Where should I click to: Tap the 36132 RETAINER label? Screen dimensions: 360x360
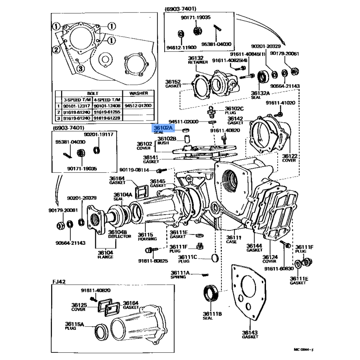coord(196,60)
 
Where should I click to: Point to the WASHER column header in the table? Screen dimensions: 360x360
coord(138,94)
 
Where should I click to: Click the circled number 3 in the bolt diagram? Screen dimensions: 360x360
coord(80,68)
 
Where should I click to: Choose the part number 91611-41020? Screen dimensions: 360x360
coord(280,103)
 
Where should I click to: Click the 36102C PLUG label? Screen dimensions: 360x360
coord(234,111)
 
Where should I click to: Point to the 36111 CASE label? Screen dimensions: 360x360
coord(234,239)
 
